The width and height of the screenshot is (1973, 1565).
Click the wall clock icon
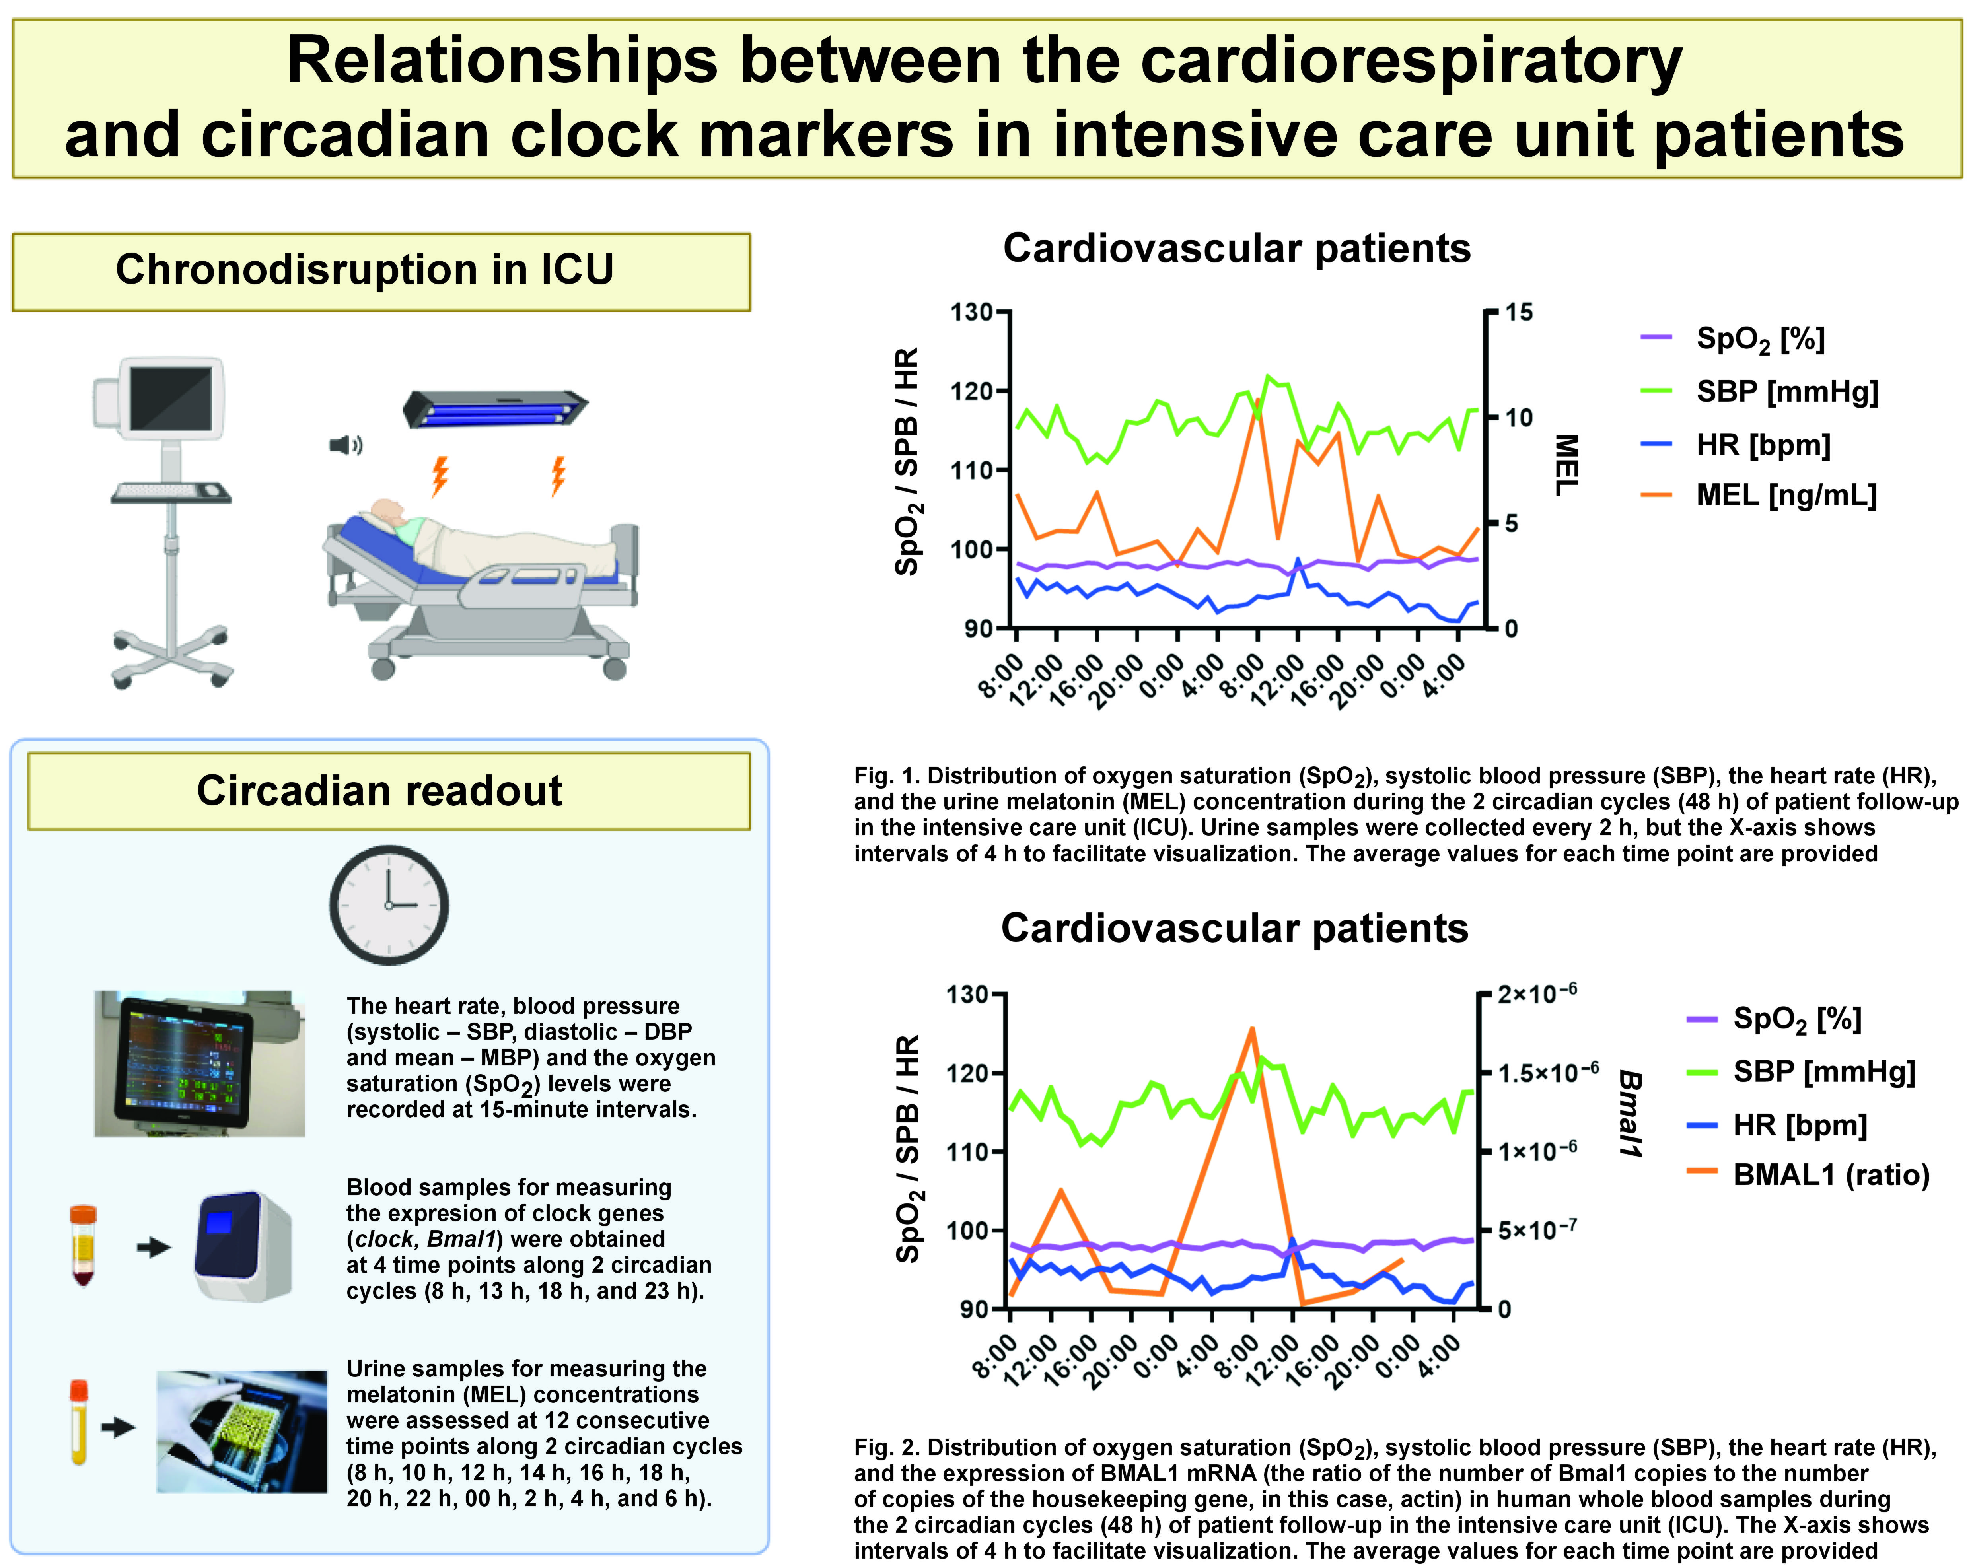tap(389, 904)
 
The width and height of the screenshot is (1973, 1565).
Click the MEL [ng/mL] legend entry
tap(1784, 495)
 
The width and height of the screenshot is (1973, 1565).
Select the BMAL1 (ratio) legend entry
tap(1830, 1175)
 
